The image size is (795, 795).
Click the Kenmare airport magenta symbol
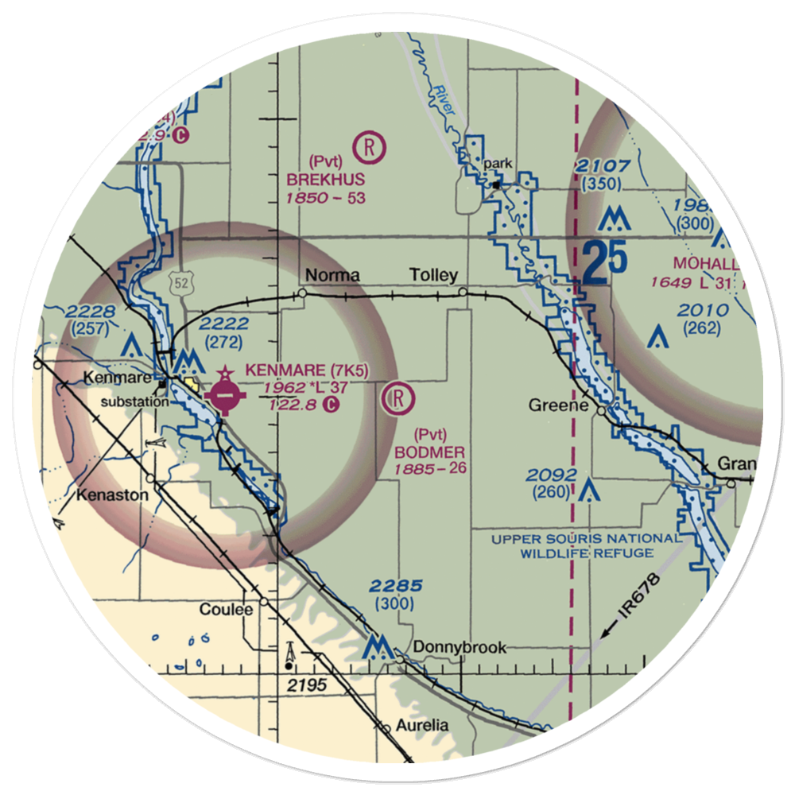click(x=226, y=394)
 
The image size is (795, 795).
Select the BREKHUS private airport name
click(x=326, y=179)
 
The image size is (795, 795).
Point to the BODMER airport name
click(x=430, y=451)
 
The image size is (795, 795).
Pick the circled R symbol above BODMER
click(x=397, y=399)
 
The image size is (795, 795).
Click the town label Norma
click(x=332, y=276)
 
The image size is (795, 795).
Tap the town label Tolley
click(x=433, y=276)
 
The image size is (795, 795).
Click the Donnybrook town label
click(x=460, y=647)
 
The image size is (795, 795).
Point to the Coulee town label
click(x=226, y=610)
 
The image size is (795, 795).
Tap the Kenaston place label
click(x=112, y=494)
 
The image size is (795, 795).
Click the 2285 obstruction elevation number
click(x=395, y=587)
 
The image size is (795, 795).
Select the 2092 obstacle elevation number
click(x=553, y=475)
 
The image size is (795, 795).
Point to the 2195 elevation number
click(x=307, y=684)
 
